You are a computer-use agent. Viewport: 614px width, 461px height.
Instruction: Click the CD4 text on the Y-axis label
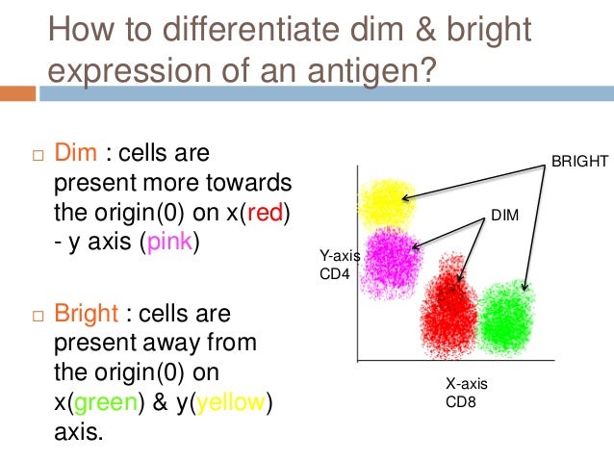(x=333, y=273)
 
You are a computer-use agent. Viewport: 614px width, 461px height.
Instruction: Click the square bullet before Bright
(x=38, y=316)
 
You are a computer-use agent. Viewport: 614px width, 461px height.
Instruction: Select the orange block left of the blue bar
(x=17, y=93)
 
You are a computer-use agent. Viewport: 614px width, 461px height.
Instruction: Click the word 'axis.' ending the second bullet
(x=77, y=431)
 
